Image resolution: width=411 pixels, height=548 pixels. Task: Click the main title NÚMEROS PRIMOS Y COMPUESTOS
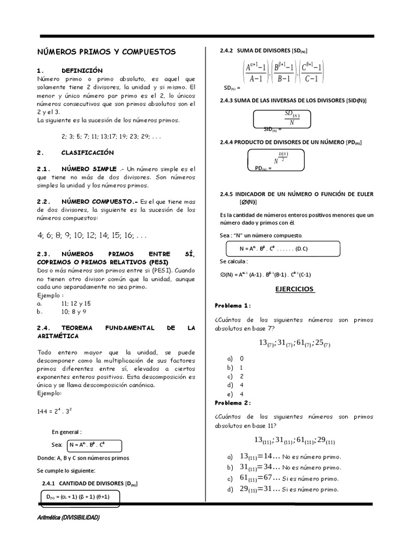(x=106, y=52)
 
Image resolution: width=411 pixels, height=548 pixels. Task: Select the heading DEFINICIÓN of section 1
(x=82, y=71)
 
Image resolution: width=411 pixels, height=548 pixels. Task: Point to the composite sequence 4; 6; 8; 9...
(x=92, y=235)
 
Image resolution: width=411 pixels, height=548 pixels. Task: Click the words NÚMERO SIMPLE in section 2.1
(x=89, y=169)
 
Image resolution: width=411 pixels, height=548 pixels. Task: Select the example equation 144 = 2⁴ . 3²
(x=59, y=411)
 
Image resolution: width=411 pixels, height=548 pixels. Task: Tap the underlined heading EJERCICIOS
(x=294, y=290)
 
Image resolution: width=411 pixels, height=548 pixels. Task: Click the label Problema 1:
(x=232, y=306)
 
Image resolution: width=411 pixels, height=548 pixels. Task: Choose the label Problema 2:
(x=232, y=403)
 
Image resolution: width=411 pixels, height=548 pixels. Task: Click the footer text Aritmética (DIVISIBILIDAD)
(x=68, y=517)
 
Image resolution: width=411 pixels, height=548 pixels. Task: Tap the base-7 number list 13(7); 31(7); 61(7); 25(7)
(x=294, y=343)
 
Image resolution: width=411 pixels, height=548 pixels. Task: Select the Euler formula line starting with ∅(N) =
(x=265, y=275)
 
